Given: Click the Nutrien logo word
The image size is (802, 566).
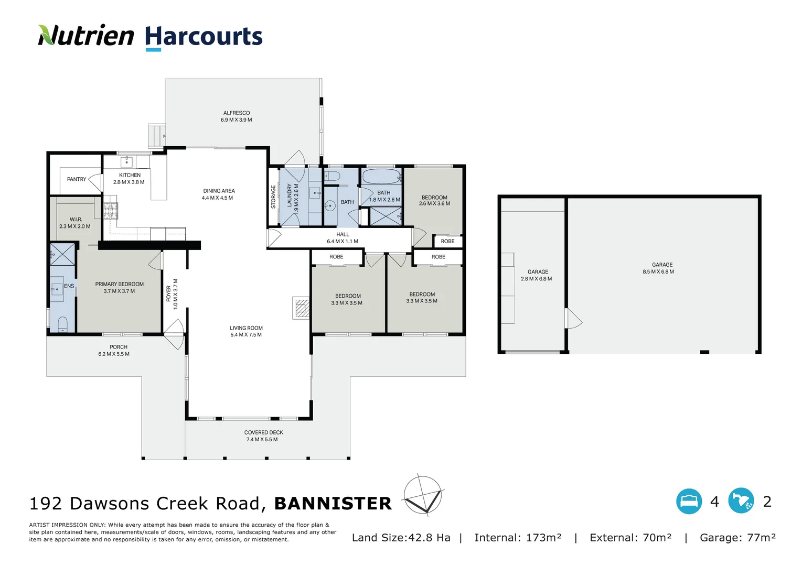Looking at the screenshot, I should click(x=86, y=36).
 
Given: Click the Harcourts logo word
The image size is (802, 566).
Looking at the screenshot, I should click(x=204, y=37).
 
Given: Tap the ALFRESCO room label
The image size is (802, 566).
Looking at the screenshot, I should click(x=236, y=113).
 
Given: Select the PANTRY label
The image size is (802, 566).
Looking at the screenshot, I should click(x=77, y=179).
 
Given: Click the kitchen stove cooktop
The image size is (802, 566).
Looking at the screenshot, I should click(x=110, y=210).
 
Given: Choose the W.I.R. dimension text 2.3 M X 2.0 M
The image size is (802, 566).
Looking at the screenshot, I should click(x=74, y=226).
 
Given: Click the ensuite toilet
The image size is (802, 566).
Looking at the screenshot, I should click(x=62, y=324).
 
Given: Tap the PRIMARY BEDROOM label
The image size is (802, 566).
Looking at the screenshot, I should click(x=119, y=284).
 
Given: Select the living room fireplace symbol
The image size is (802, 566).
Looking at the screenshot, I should click(x=301, y=308).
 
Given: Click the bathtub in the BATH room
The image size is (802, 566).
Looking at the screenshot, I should click(x=381, y=177).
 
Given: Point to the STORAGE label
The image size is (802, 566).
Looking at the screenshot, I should click(x=273, y=197).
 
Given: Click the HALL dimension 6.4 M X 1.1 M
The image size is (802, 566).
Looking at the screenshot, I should click(x=343, y=242).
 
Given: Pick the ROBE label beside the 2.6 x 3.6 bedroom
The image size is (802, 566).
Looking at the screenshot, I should click(x=447, y=241).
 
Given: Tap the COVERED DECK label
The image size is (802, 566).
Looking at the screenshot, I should click(x=263, y=432).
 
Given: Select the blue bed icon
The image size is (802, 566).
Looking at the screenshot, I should click(x=689, y=502).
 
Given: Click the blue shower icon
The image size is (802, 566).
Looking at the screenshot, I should click(x=741, y=502).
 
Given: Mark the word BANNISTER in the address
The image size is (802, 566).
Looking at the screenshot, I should click(x=333, y=504).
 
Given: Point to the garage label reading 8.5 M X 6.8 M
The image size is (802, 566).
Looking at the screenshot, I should click(x=658, y=271).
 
